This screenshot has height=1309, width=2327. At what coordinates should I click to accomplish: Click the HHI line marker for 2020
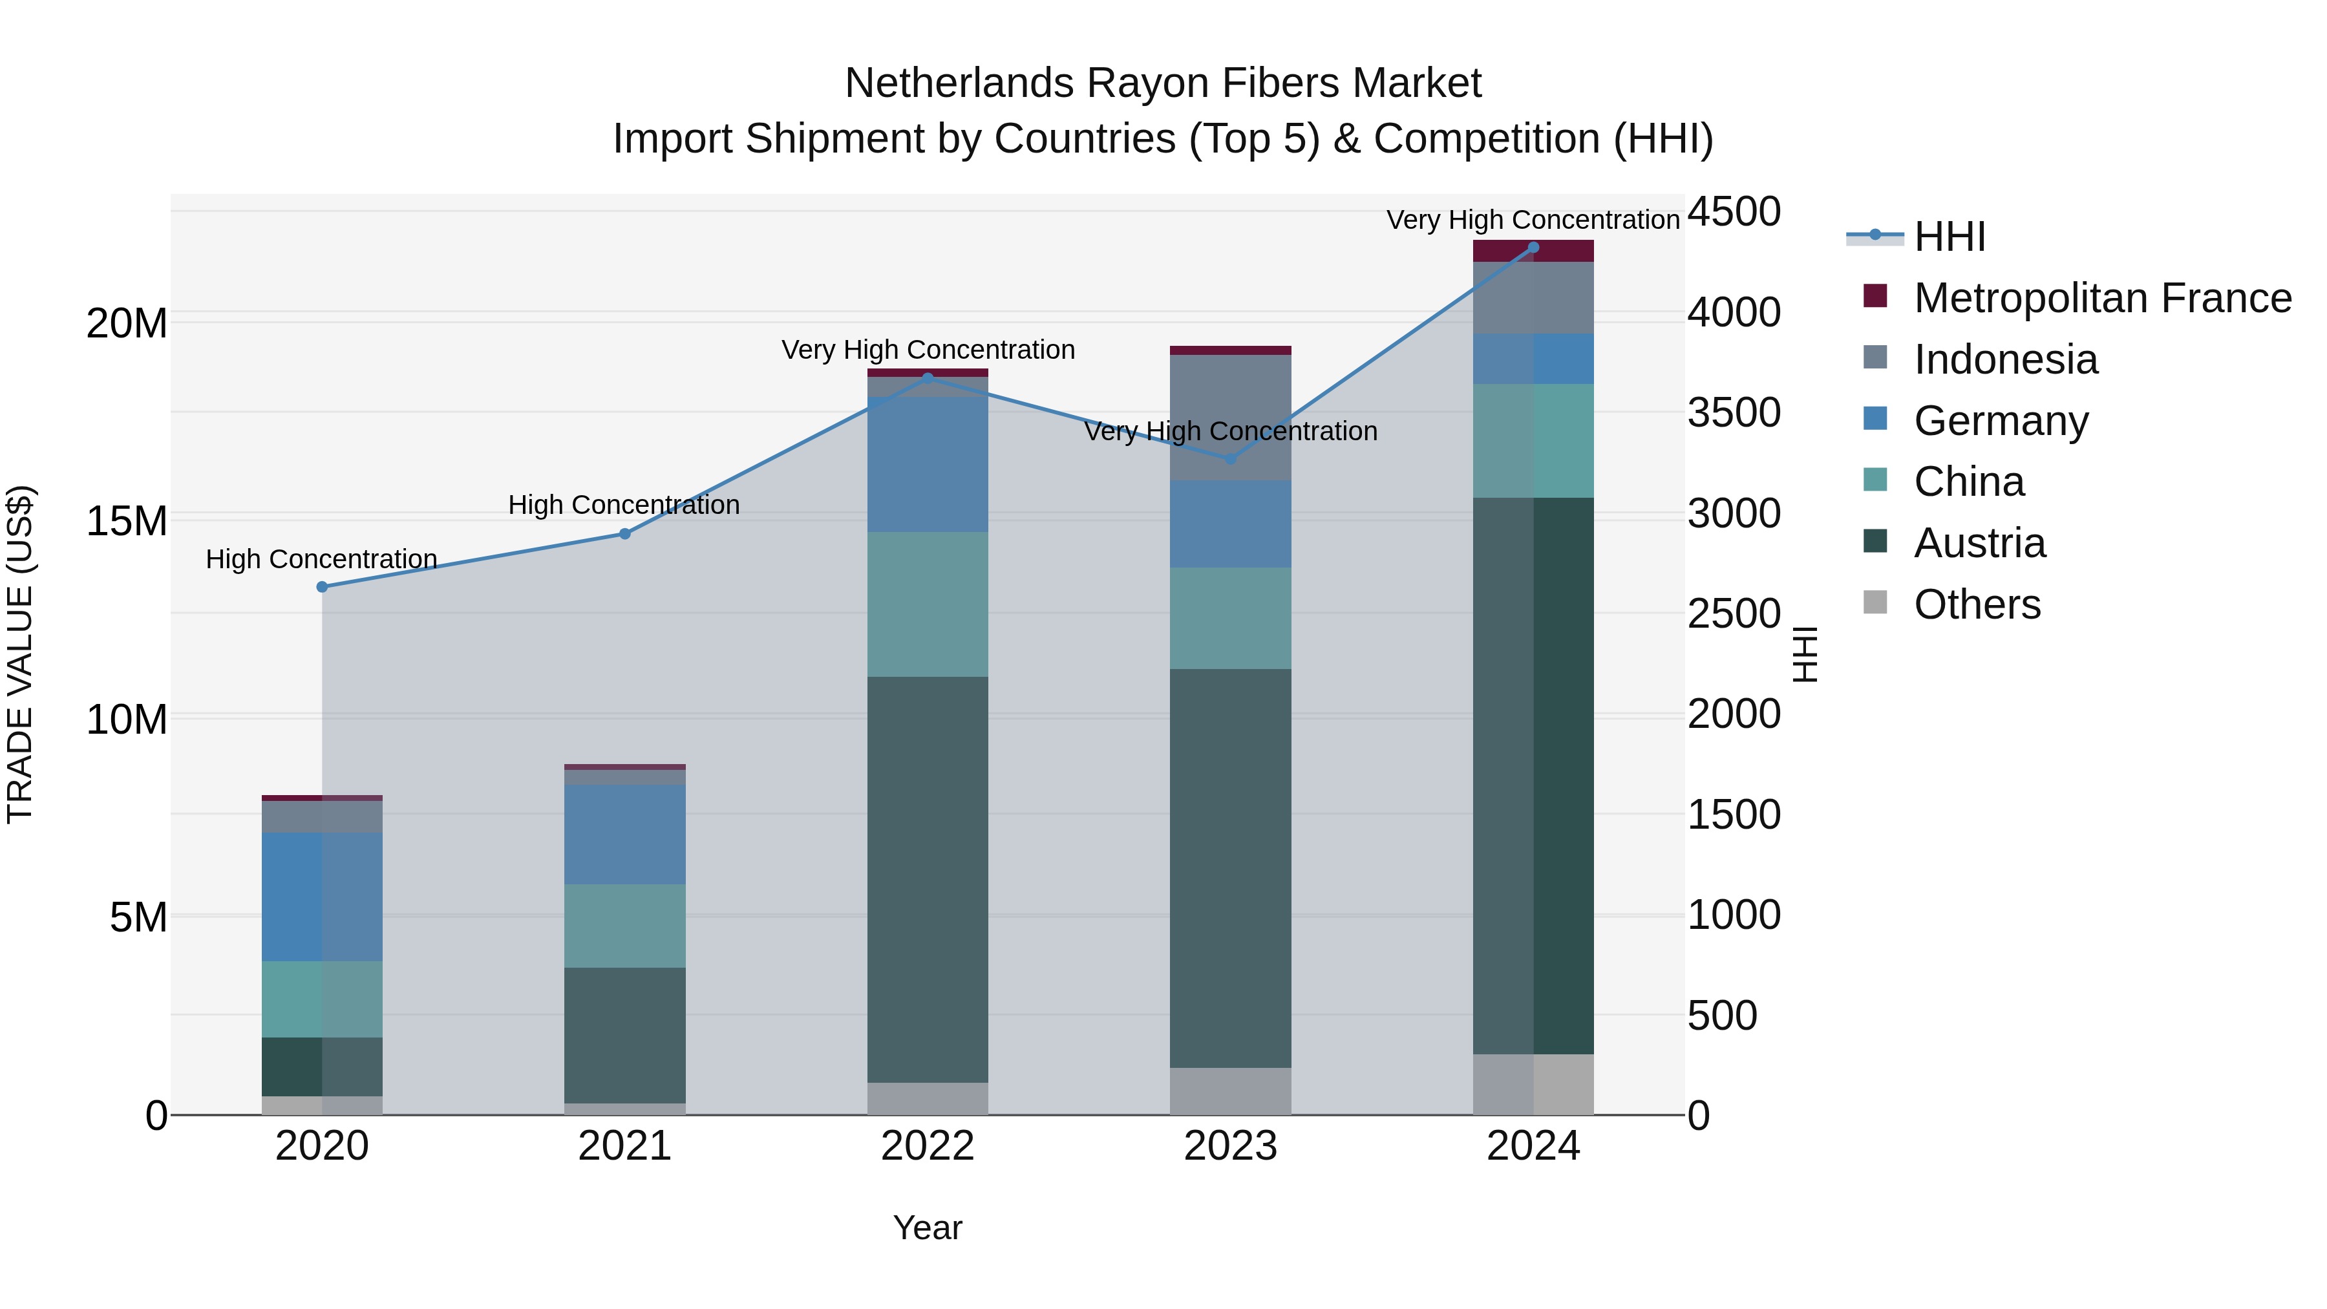point(323,587)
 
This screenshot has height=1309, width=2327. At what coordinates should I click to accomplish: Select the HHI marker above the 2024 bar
point(1533,248)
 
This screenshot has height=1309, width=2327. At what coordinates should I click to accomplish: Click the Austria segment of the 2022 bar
point(928,879)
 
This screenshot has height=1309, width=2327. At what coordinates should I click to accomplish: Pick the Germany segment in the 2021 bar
point(625,834)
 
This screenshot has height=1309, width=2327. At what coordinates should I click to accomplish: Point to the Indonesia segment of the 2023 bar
point(1230,418)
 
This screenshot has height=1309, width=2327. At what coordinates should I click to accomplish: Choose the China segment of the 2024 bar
point(1533,441)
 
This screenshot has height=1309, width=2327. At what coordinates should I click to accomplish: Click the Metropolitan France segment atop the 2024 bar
point(1533,251)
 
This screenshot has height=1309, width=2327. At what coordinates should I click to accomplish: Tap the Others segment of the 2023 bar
point(1230,1091)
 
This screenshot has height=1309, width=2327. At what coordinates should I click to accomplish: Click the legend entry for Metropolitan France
point(2102,298)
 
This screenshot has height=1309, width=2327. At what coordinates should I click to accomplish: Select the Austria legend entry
point(1979,543)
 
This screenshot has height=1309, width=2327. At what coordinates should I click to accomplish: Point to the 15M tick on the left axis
point(127,521)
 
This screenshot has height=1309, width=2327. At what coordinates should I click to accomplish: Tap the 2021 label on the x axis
point(625,1146)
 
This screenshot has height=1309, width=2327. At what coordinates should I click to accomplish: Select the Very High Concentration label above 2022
point(928,350)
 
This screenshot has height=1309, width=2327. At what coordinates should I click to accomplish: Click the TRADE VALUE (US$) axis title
point(21,654)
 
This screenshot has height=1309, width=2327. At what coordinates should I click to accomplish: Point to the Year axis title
point(928,1228)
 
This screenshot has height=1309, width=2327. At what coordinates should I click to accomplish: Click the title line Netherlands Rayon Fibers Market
point(1163,83)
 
